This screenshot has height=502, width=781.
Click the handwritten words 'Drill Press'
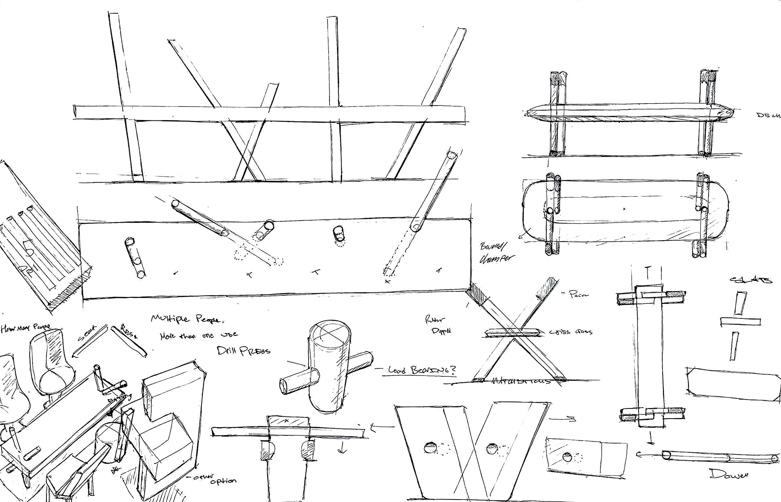244,350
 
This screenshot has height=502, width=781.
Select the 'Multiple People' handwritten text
187,319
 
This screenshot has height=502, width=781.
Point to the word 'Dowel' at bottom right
729,474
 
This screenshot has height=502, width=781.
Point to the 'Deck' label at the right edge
768,115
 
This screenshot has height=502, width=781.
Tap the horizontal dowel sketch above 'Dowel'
718,456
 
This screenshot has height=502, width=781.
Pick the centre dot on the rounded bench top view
625,209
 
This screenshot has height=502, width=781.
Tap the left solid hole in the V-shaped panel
430,448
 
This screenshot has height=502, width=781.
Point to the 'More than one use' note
199,336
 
